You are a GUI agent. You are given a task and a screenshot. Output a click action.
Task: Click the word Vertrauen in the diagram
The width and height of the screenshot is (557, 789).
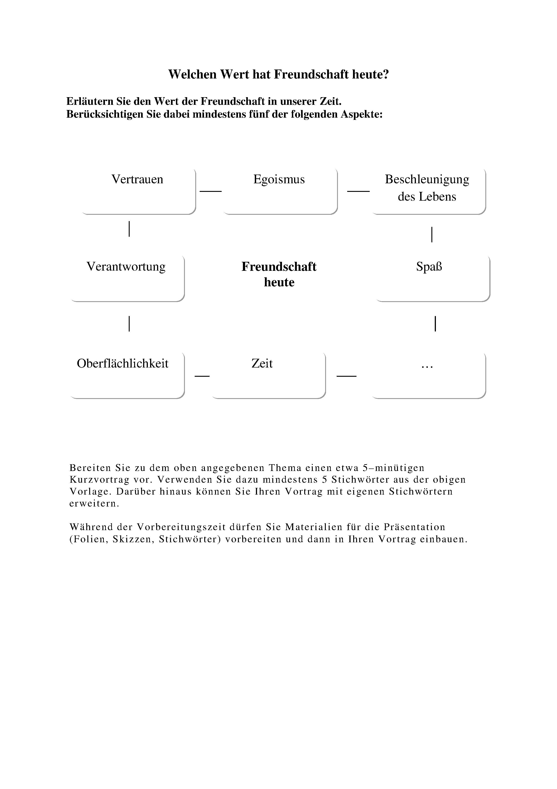(x=137, y=179)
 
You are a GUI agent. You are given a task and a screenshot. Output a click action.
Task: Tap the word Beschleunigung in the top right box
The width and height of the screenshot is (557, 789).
(x=427, y=179)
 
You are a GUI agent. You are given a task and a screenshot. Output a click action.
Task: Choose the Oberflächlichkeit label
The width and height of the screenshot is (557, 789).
(x=122, y=363)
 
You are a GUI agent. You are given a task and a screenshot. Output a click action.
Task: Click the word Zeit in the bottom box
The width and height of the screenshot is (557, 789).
(x=262, y=363)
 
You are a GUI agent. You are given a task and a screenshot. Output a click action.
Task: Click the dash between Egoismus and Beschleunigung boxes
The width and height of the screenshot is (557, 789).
(x=358, y=191)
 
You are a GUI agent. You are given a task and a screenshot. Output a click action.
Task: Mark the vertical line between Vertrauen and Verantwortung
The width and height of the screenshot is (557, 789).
(x=129, y=229)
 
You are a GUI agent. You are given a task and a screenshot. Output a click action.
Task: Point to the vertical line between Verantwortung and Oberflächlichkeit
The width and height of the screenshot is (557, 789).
(x=129, y=324)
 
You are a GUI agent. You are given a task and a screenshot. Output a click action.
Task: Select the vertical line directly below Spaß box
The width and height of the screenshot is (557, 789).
(x=435, y=324)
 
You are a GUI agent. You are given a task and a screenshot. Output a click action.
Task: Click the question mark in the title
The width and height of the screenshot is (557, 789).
(x=386, y=75)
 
